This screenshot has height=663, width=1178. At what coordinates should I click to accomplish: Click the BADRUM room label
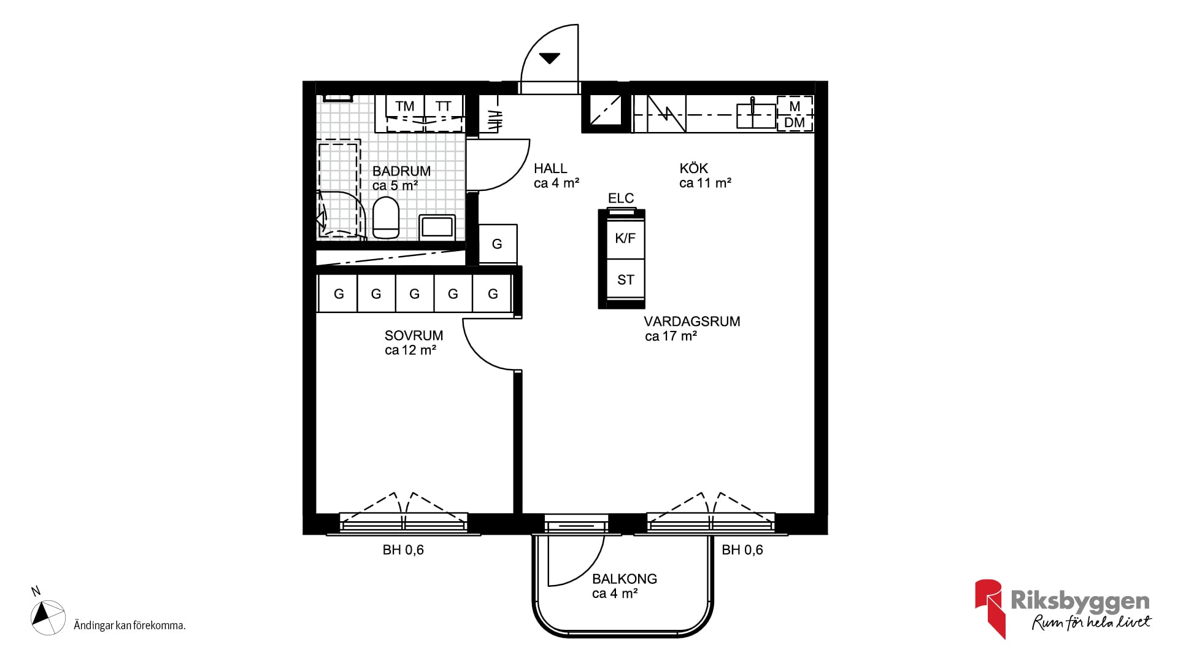coord(401,171)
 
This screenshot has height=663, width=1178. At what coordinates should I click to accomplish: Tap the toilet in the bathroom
coord(386,218)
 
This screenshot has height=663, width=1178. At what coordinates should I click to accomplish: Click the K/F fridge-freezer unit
coord(625,238)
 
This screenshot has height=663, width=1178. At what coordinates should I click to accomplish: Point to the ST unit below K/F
coord(625,280)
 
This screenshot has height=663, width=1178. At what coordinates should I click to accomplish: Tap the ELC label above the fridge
coord(621,198)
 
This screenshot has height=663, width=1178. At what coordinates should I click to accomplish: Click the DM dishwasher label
coord(795,123)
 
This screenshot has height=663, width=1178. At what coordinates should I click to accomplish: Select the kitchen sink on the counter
coord(756,115)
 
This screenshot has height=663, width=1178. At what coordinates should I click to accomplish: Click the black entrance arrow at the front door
coord(550,58)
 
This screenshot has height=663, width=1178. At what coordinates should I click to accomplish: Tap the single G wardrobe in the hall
coord(498,244)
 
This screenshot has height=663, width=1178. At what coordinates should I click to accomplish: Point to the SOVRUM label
coord(414,336)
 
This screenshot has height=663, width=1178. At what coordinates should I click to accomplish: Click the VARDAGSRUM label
coord(692,322)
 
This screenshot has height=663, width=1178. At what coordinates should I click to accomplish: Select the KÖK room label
coord(694,168)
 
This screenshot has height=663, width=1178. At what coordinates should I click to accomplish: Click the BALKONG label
coord(625,579)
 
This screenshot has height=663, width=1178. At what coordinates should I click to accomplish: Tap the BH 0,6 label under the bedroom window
coord(403,550)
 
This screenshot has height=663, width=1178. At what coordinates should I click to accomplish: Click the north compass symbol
coord(48,616)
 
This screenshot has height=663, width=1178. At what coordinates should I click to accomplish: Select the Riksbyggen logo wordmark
coord(1080,601)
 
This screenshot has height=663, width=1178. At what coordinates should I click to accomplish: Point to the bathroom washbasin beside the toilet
coord(437,227)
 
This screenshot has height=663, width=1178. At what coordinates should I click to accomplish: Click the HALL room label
coord(550,168)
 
